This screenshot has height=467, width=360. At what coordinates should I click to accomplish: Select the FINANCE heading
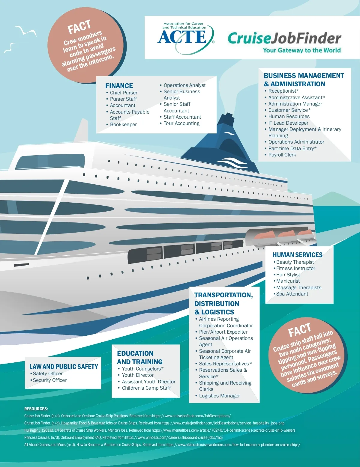[119, 86]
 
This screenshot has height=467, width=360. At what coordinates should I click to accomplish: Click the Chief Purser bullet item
[123, 93]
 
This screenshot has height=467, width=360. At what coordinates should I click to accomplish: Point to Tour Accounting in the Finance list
[181, 123]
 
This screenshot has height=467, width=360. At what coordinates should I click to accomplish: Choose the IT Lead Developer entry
[288, 123]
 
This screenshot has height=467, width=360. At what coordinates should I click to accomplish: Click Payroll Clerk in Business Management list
[282, 155]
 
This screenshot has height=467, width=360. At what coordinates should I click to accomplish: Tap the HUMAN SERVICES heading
[297, 255]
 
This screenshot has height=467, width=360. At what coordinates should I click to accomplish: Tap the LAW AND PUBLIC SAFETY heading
[64, 367]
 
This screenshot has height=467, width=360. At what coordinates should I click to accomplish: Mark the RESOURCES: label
[36, 409]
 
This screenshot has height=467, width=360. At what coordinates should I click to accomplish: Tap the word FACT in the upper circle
[79, 27]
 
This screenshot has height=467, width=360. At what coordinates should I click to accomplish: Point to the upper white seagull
[26, 31]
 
